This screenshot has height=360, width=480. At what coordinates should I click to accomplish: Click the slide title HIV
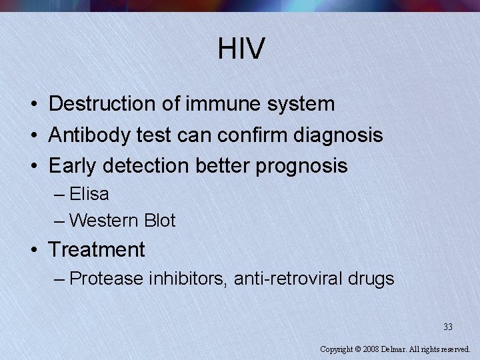point(241,49)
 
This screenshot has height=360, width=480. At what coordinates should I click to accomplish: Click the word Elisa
point(89,195)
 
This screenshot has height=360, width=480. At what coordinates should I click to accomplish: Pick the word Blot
point(160,220)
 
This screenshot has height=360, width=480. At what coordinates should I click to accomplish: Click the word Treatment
point(97,250)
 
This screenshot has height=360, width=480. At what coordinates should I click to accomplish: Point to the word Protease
point(106,278)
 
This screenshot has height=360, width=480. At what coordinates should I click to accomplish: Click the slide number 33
point(447,327)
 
